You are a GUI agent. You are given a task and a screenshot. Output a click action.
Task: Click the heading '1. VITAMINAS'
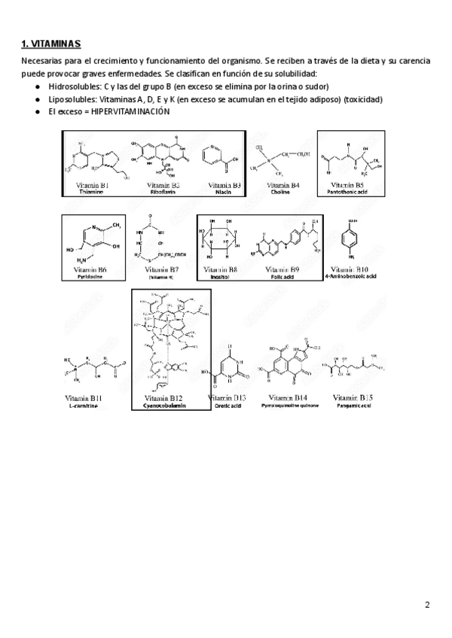52,44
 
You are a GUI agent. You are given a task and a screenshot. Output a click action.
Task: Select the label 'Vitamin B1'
93,184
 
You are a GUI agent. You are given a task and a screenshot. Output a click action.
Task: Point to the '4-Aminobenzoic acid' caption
351,276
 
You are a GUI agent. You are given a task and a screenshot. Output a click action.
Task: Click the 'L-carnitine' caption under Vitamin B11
84,406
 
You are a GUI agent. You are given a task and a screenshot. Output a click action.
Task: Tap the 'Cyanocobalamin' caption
163,406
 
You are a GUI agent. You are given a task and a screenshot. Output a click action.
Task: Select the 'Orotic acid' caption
226,406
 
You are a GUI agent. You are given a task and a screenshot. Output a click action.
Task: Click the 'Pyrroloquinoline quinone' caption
289,406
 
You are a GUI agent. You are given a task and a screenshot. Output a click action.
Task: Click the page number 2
427,605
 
